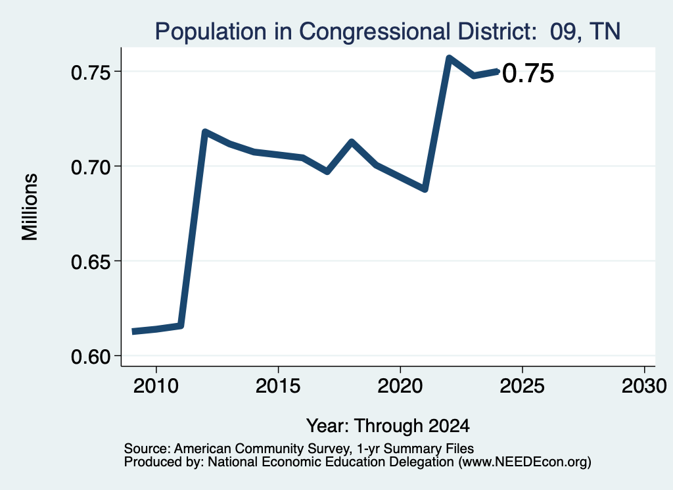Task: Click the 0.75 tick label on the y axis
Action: pos(91,72)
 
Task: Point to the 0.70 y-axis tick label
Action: pos(91,168)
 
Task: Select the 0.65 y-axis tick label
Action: pos(91,262)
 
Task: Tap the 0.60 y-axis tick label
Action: pos(91,357)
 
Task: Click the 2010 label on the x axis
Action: pos(156,386)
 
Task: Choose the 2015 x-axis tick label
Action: pos(278,386)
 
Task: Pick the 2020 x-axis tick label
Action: pos(400,386)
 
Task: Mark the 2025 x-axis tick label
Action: pos(522,386)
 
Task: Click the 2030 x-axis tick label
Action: pos(644,386)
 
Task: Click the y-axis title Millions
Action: pos(30,207)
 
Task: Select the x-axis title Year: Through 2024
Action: pos(388,426)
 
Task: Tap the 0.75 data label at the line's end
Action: pos(528,73)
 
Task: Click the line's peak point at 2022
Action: pos(449,57)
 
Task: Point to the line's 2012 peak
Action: pos(205,132)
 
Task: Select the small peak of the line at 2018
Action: pos(352,141)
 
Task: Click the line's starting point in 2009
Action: pos(133,331)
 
